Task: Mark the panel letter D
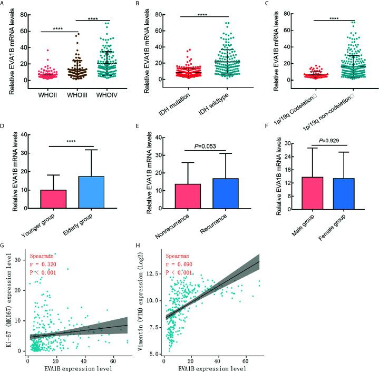(x=4, y=128)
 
